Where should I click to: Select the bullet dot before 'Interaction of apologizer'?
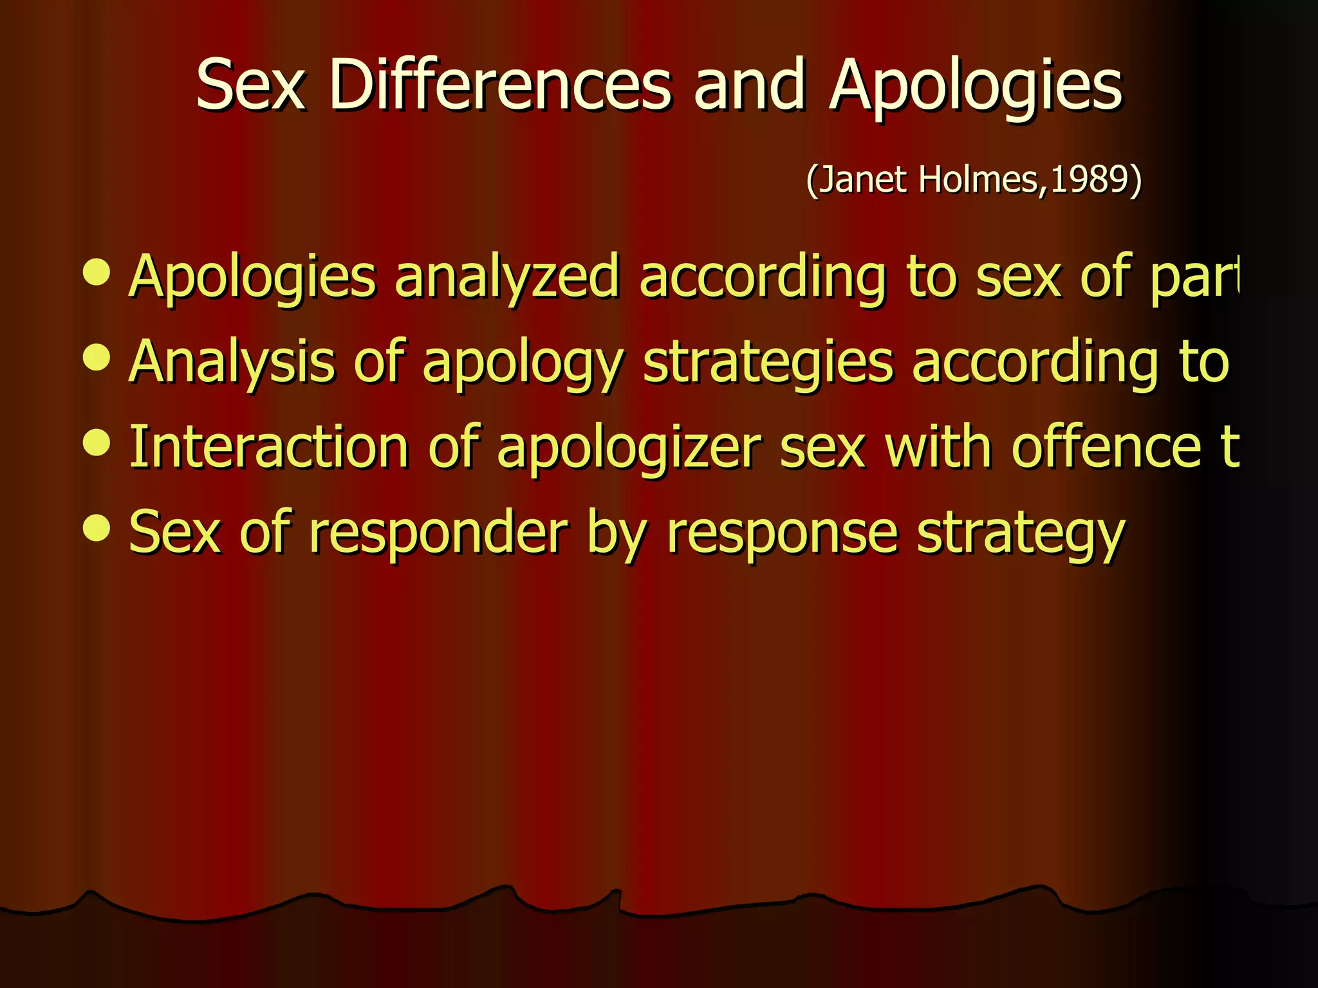(97, 442)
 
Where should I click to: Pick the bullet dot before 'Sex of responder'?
(97, 527)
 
